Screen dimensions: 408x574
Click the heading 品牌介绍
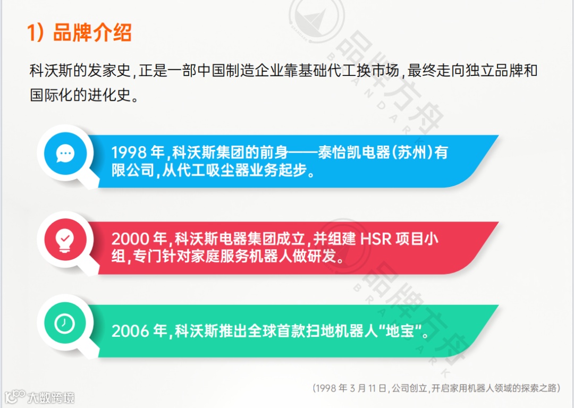click(92, 33)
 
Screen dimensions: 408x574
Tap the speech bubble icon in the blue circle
click(66, 154)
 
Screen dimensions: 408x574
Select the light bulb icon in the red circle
click(65, 241)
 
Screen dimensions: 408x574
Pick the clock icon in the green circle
click(65, 323)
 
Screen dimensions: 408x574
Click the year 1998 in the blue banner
click(129, 153)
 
